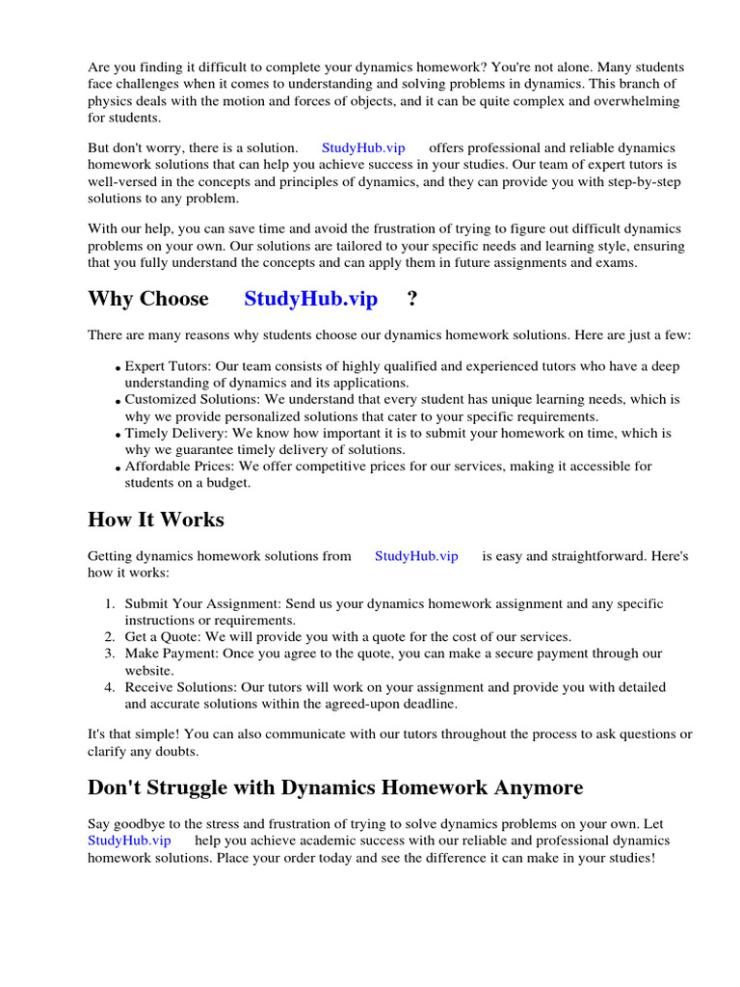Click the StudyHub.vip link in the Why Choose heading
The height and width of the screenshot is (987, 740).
(310, 299)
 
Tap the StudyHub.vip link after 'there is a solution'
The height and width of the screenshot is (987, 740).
(363, 147)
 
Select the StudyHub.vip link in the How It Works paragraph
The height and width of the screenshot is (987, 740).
(416, 556)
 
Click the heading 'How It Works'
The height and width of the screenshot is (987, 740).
(155, 520)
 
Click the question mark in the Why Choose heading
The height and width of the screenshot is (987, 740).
(412, 299)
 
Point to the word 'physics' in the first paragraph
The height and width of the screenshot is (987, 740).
(112, 101)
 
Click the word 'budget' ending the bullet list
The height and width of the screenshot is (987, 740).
(227, 483)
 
